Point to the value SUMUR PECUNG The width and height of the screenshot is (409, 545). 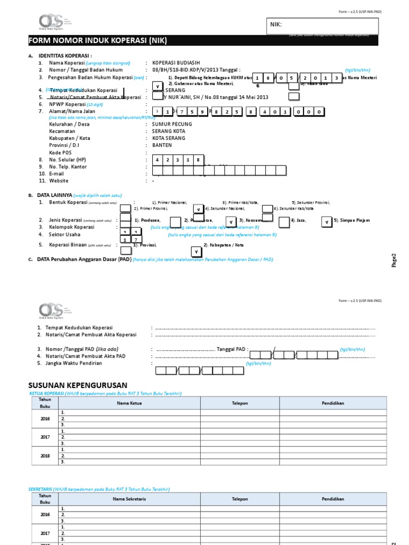point(172,125)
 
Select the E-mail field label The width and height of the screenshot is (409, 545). point(56,174)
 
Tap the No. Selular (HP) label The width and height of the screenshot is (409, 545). point(67,160)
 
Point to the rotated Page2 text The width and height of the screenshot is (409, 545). point(395,260)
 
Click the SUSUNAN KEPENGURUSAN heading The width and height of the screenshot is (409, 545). point(77,385)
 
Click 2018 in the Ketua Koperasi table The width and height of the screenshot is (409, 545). point(45,455)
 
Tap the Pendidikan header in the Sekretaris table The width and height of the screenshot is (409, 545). point(332,499)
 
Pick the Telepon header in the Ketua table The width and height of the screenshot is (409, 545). point(240,403)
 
